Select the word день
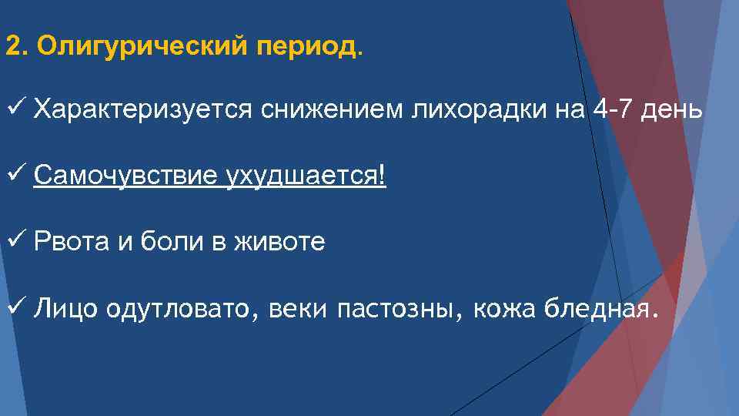click(674, 111)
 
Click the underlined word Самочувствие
click(126, 177)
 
